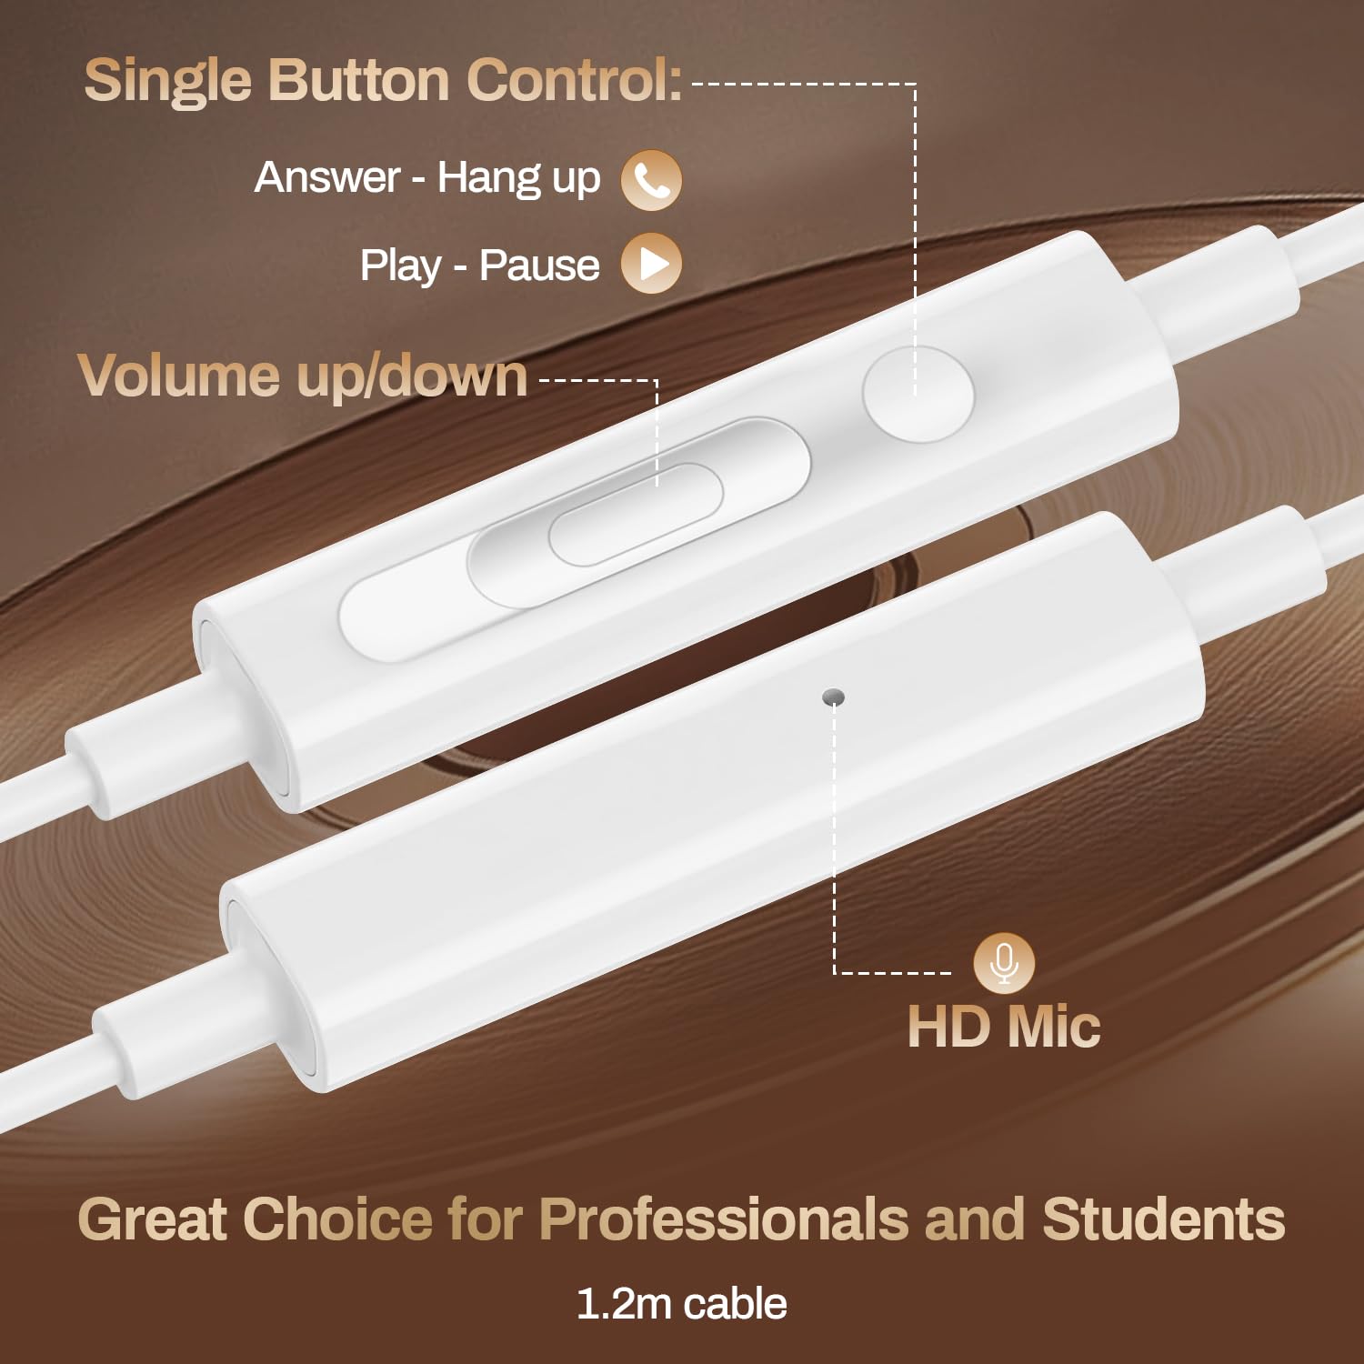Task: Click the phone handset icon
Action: pos(651,180)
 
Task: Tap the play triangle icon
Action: pos(651,264)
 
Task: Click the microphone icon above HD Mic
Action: pos(1004,963)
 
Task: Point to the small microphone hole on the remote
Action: pos(833,697)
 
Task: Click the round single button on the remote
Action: pos(918,395)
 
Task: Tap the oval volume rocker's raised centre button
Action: pos(637,512)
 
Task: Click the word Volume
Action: pos(178,376)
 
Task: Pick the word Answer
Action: pos(327,178)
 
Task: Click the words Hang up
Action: pos(519,179)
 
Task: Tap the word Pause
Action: pos(539,266)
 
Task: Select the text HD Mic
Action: pos(1004,1027)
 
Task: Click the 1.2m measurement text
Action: pos(623,1304)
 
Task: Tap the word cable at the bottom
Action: pos(735,1304)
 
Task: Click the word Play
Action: pos(400,266)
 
